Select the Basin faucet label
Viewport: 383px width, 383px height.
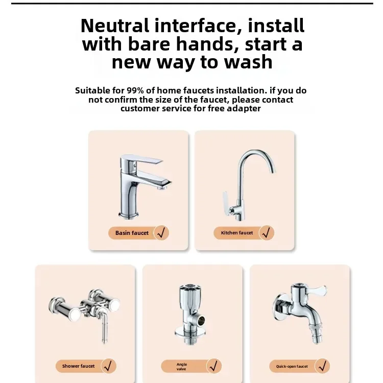tap(132, 233)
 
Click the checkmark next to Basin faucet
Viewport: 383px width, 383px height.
tap(161, 233)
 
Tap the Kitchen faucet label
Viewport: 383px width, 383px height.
tap(237, 233)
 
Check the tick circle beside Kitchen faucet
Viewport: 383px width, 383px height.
tap(267, 233)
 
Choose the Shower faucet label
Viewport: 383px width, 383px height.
tap(79, 366)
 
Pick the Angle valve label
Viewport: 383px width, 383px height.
tap(182, 367)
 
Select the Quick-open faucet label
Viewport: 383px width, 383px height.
tap(292, 366)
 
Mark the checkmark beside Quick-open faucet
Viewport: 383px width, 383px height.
tap(322, 366)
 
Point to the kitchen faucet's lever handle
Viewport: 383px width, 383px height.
tap(224, 199)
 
